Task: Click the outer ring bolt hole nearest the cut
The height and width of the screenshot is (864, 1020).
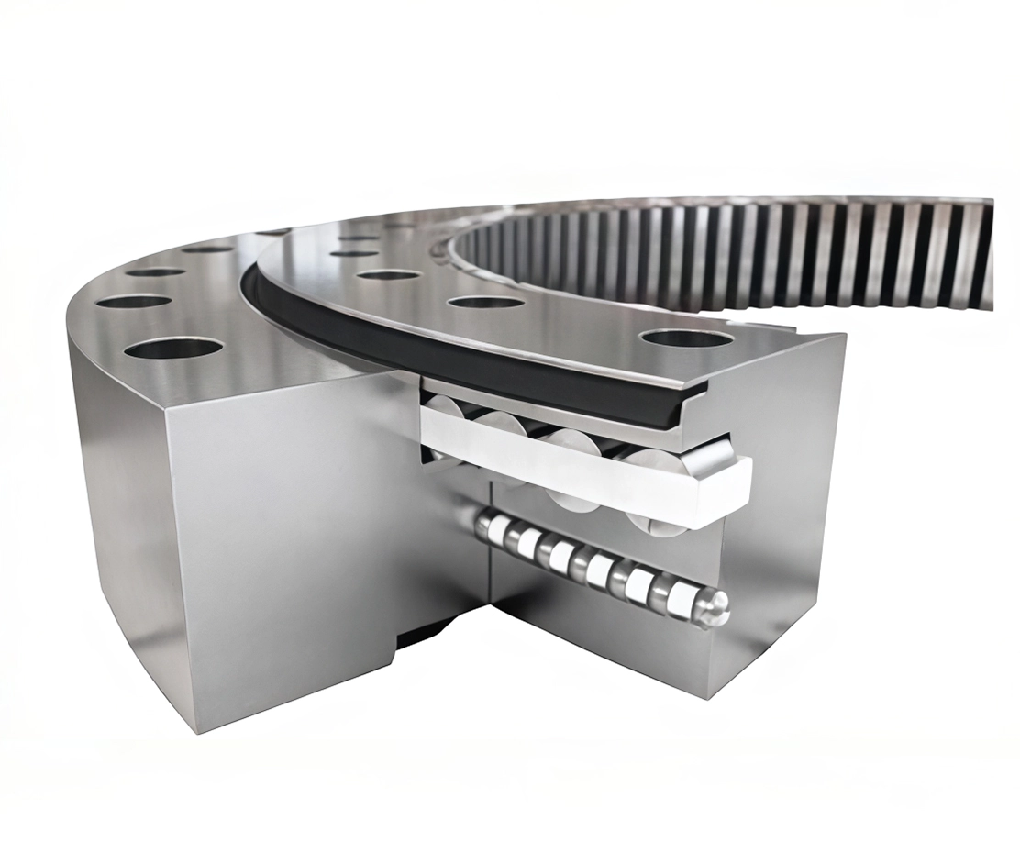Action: point(173,349)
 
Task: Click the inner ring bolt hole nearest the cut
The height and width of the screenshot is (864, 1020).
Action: point(686,338)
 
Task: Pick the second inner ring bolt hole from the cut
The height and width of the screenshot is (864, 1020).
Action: point(485,302)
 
